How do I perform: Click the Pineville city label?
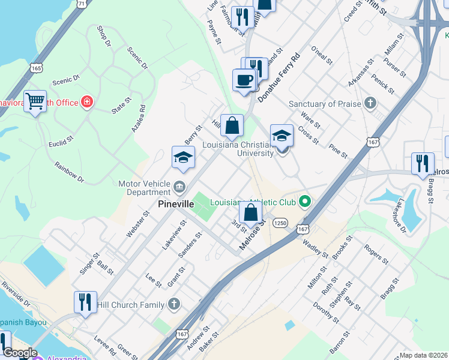tap(176, 204)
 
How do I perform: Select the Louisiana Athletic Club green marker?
tap(306, 201)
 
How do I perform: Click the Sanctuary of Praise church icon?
tap(370, 103)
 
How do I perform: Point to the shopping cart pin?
tap(35, 102)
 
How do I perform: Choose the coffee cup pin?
tap(244, 80)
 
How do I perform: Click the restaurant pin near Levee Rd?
tap(85, 302)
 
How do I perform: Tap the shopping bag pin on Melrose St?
tap(250, 212)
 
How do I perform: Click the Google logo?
tap(19, 353)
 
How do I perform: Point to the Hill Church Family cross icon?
tap(174, 304)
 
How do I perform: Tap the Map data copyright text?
tap(424, 355)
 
